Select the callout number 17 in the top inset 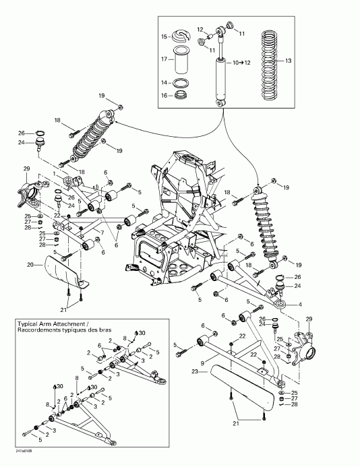[163, 59]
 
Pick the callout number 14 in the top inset [163, 82]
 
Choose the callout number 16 [163, 96]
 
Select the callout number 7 [101, 232]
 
